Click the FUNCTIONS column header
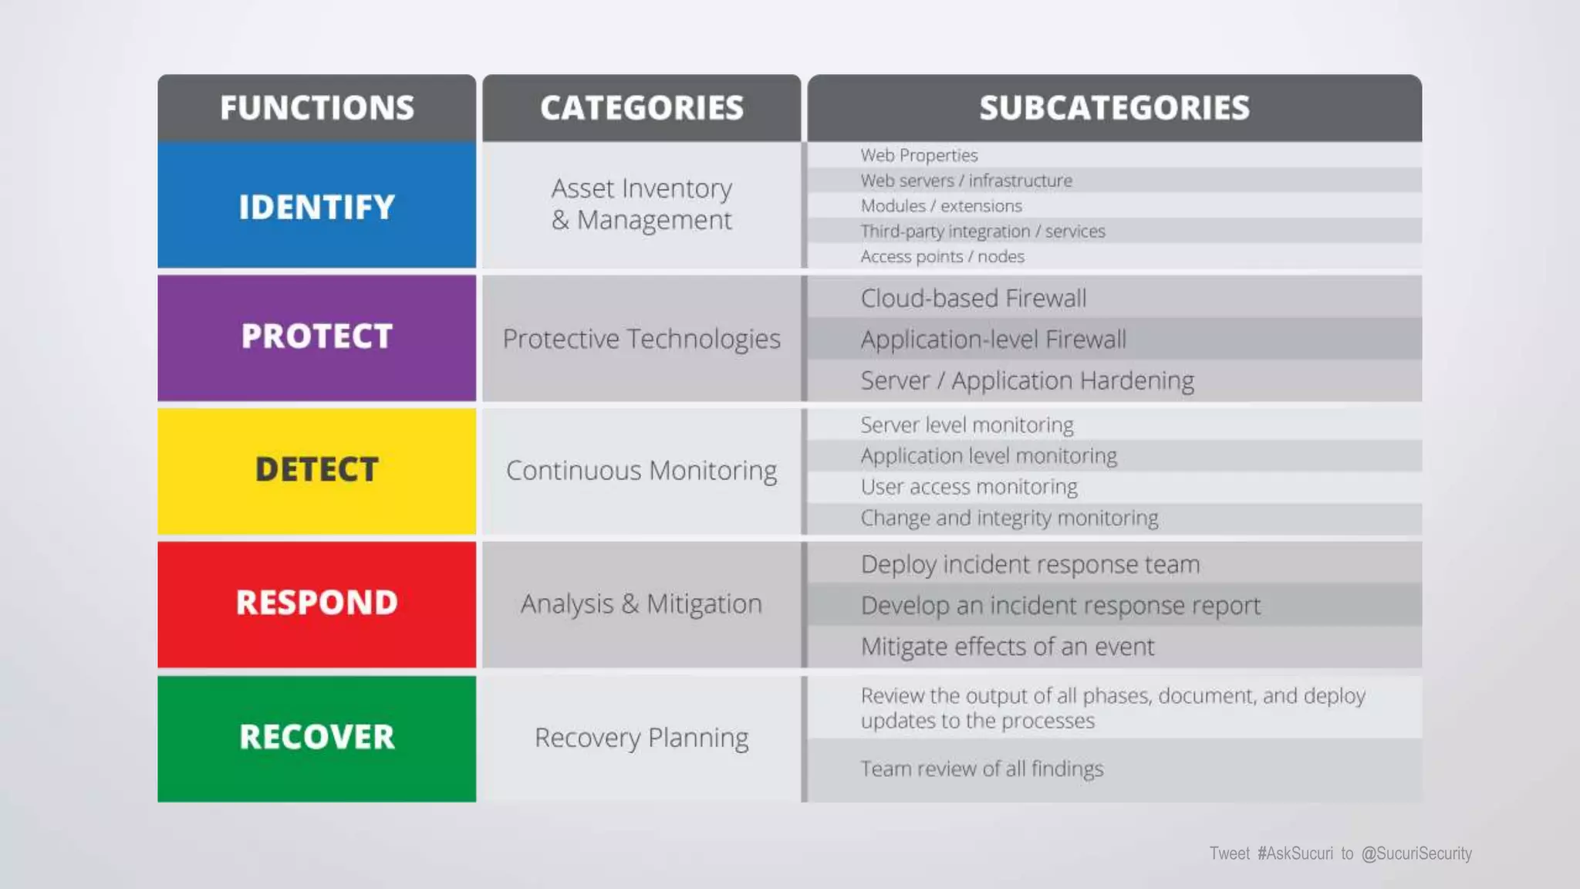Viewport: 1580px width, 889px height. [x=316, y=108]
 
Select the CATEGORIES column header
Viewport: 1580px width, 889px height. [x=641, y=108]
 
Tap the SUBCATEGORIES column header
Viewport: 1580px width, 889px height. [x=1114, y=108]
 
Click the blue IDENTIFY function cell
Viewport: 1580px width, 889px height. [x=316, y=206]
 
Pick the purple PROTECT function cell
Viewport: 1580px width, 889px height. [x=316, y=337]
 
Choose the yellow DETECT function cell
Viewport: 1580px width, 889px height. [x=316, y=470]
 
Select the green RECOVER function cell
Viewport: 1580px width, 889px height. [x=316, y=738]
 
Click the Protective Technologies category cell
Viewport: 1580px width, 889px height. [x=641, y=339]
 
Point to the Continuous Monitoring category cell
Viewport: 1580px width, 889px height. [x=641, y=471]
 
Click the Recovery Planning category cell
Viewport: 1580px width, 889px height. [x=641, y=738]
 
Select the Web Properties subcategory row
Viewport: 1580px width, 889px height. [x=919, y=155]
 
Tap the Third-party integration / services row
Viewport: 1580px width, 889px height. [x=983, y=232]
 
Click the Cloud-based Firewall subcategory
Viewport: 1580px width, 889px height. [x=974, y=298]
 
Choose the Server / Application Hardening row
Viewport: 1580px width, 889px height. [x=1027, y=380]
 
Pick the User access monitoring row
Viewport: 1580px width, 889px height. [x=969, y=487]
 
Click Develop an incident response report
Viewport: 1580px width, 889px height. [x=1060, y=606]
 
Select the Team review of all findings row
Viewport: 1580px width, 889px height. [x=982, y=769]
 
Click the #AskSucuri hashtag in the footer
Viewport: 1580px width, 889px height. [x=1295, y=854]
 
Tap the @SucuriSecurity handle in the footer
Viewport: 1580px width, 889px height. [x=1416, y=854]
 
